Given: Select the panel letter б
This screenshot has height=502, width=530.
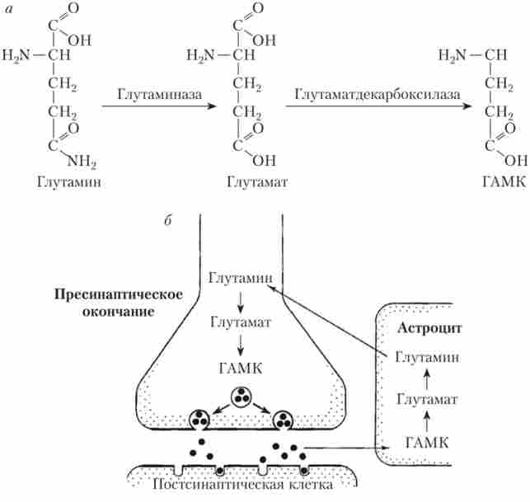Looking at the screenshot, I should (x=167, y=221).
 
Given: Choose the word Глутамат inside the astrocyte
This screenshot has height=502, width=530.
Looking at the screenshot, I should (x=426, y=401).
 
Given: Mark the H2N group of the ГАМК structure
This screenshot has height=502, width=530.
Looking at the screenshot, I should (x=453, y=55).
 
